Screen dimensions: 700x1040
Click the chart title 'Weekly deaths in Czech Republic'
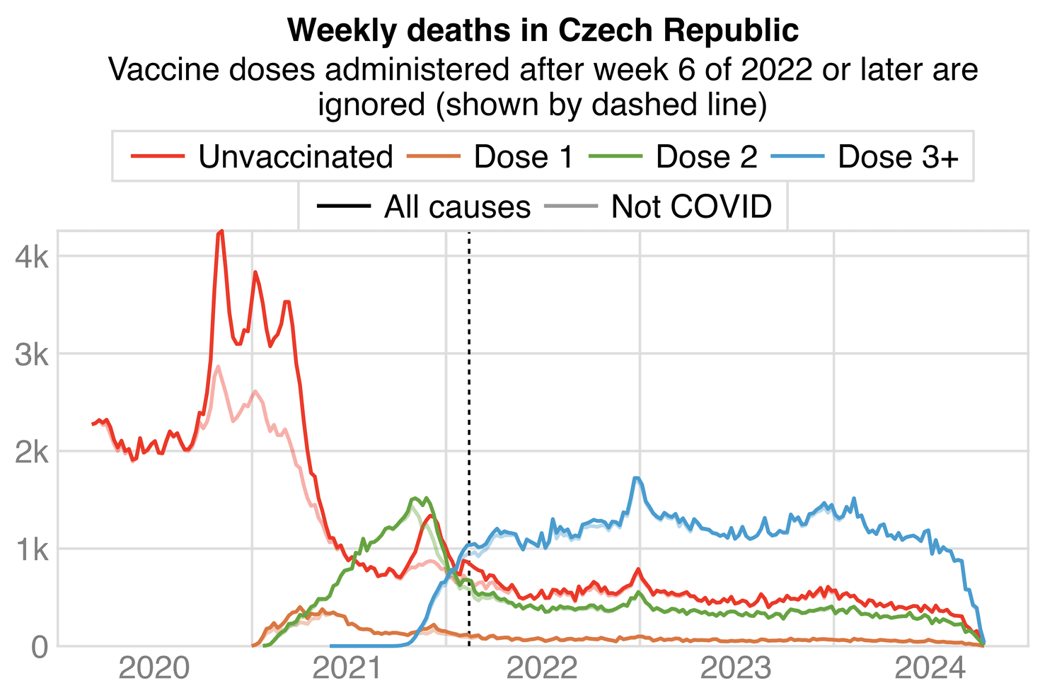pyautogui.click(x=543, y=30)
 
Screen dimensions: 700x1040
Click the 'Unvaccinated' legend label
pyautogui.click(x=295, y=157)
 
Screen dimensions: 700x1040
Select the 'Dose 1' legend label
pyautogui.click(x=524, y=157)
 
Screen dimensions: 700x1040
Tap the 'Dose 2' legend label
pyautogui.click(x=706, y=157)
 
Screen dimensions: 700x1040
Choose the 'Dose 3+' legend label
pyautogui.click(x=898, y=157)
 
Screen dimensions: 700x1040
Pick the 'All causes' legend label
pyautogui.click(x=457, y=207)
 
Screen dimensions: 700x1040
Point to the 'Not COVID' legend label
pyautogui.click(x=691, y=207)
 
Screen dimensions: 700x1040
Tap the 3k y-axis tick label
pyautogui.click(x=32, y=354)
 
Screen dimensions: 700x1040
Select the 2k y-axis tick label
pyautogui.click(x=32, y=452)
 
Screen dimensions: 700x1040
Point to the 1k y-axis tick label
pyautogui.click(x=32, y=549)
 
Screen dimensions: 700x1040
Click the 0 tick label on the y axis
pyautogui.click(x=41, y=647)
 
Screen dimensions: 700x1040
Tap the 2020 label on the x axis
pyautogui.click(x=155, y=668)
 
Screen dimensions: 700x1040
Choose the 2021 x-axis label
pyautogui.click(x=349, y=668)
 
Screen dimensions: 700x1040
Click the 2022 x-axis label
pyautogui.click(x=543, y=668)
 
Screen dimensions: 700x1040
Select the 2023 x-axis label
pyautogui.click(x=736, y=668)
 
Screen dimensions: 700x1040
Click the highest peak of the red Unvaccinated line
pyautogui.click(x=221, y=231)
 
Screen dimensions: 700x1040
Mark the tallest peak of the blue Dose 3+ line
pyautogui.click(x=637, y=478)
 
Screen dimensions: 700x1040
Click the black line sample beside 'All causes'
pyautogui.click(x=344, y=207)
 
